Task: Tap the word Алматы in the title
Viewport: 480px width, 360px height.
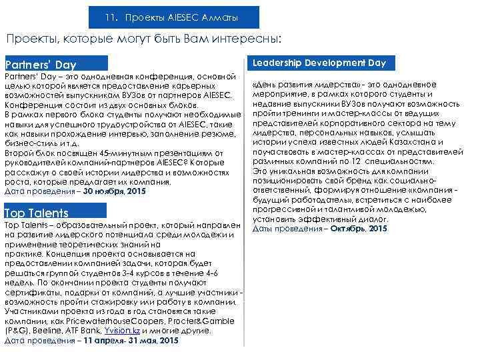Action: coord(220,16)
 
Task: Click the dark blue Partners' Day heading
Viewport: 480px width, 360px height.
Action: coord(41,65)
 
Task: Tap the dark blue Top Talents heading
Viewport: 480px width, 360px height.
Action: coord(37,213)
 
